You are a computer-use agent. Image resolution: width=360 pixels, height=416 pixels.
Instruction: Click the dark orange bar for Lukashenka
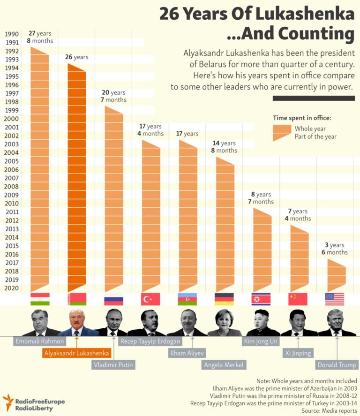[x=77, y=178]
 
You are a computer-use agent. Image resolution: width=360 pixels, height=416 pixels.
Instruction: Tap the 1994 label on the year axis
[x=12, y=68]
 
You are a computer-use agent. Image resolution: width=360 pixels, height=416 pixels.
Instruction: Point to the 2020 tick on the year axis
[x=12, y=288]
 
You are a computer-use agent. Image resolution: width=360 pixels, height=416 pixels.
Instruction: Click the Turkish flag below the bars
[x=150, y=299]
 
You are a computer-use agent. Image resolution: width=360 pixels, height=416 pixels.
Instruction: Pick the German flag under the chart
[x=224, y=299]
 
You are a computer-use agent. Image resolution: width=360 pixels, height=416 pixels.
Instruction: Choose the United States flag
[x=335, y=299]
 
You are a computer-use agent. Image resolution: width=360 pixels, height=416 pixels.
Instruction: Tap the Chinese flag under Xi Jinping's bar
[x=298, y=299]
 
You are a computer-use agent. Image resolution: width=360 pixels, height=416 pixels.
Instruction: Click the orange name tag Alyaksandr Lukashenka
[x=77, y=353]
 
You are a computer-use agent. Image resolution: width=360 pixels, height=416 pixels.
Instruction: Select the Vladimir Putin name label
[x=113, y=365]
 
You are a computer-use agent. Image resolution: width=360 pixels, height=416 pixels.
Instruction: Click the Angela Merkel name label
[x=224, y=365]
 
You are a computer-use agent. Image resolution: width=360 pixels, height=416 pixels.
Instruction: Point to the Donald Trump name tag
[x=337, y=365]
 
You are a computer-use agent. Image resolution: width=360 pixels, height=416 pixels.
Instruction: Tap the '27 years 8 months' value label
[x=40, y=37]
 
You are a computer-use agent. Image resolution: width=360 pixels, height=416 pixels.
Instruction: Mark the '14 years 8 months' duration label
[x=224, y=147]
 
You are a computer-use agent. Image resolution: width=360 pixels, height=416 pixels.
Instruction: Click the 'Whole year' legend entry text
[x=310, y=129]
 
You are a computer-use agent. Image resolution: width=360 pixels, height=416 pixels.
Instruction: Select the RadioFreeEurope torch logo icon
[x=7, y=401]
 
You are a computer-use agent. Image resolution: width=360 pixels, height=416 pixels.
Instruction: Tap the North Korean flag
[x=261, y=299]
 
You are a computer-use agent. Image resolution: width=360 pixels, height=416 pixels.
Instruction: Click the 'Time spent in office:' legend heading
[x=302, y=118]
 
